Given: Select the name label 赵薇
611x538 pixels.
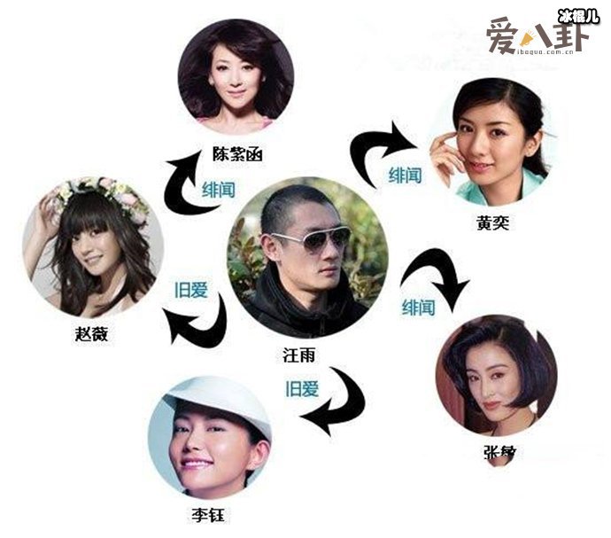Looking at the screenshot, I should pos(93,334).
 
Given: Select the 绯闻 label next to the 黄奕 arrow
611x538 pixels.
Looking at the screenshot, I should pos(411,175).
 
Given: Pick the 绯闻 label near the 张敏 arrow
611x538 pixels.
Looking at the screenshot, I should pos(418,307).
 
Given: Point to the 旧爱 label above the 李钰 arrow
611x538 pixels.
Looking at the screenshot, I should pos(300,386).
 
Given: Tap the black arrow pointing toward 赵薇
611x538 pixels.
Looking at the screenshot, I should pos(197,324).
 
